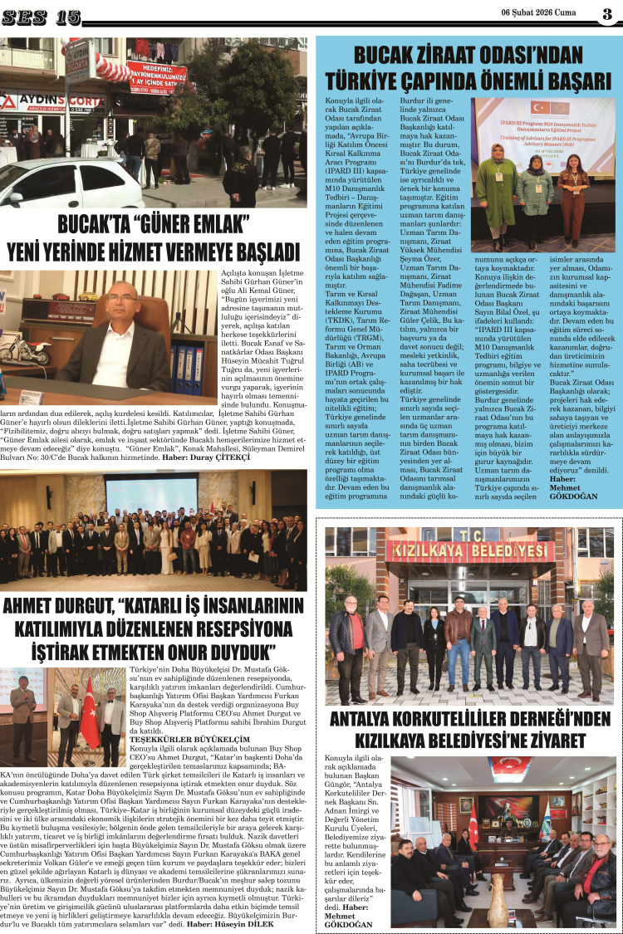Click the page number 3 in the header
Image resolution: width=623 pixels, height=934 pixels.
(607, 14)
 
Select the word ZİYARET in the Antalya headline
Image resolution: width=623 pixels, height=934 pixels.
(545, 740)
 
